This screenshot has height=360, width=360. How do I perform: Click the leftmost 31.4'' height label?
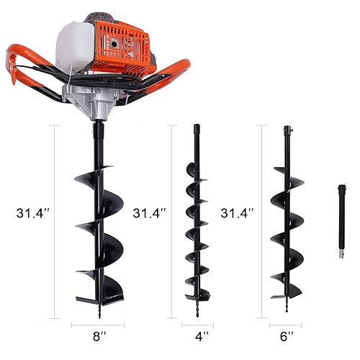(32, 213)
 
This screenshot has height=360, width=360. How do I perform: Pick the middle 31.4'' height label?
(150, 213)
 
